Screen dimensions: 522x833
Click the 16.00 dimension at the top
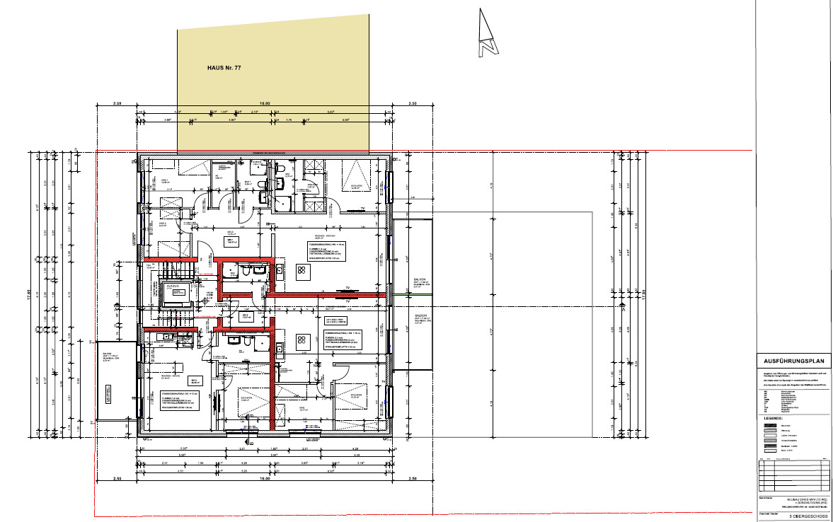(264, 105)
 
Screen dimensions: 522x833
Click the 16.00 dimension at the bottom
(264, 478)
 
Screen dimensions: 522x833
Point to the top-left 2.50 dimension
(117, 105)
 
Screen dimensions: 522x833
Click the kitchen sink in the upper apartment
(280, 269)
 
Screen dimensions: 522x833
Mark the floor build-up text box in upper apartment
(326, 251)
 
